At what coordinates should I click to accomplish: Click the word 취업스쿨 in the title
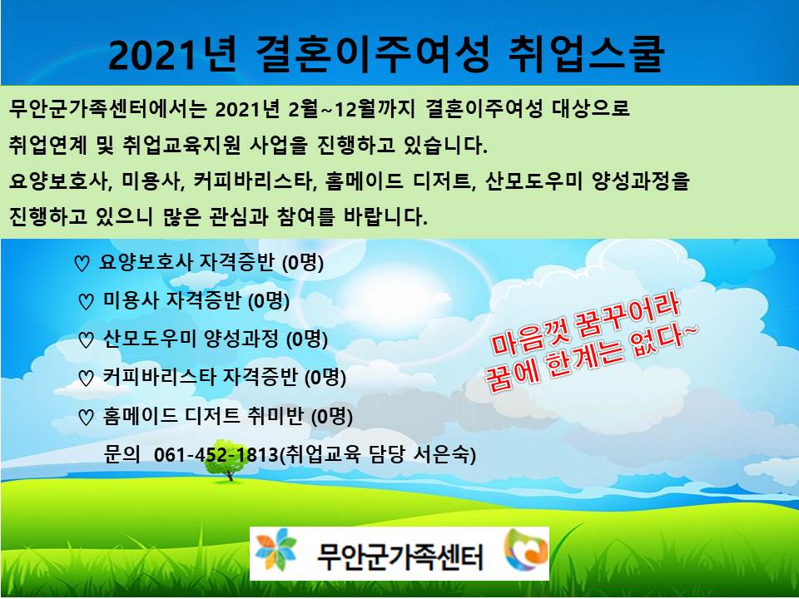pyautogui.click(x=587, y=54)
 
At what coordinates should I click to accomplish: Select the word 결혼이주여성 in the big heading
pyautogui.click(x=373, y=54)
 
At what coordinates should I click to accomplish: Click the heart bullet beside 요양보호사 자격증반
pyautogui.click(x=82, y=264)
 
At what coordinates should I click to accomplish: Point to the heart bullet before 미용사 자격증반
pyautogui.click(x=86, y=301)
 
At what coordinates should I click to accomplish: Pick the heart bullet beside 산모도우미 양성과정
pyautogui.click(x=86, y=339)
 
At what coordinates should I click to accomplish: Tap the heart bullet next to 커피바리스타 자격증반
pyautogui.click(x=86, y=378)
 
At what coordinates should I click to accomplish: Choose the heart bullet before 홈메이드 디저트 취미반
pyautogui.click(x=86, y=417)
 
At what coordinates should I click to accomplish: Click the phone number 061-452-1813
pyautogui.click(x=216, y=454)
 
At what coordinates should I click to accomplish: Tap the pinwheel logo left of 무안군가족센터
pyautogui.click(x=275, y=550)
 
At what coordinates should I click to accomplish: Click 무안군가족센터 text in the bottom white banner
pyautogui.click(x=400, y=557)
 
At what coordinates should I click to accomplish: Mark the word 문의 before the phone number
pyautogui.click(x=122, y=453)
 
